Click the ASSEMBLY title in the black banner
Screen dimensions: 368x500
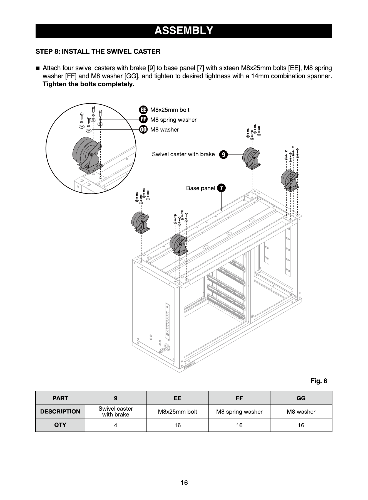pyautogui.click(x=184, y=30)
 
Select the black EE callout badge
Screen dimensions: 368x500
pyautogui.click(x=143, y=110)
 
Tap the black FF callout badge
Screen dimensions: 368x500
pyautogui.click(x=143, y=120)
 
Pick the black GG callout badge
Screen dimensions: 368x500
pyautogui.click(x=143, y=129)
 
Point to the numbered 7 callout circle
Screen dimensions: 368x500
pyautogui.click(x=221, y=188)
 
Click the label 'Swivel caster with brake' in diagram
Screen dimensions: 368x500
pyautogui.click(x=183, y=154)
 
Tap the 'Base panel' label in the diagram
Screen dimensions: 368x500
pyautogui.click(x=200, y=188)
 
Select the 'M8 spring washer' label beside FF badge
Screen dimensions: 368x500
pyautogui.click(x=173, y=120)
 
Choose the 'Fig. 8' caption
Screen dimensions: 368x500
pyautogui.click(x=319, y=381)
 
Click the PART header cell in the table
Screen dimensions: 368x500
pyautogui.click(x=60, y=398)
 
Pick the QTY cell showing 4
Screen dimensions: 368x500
pyautogui.click(x=116, y=425)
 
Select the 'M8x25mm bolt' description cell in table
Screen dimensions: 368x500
pyautogui.click(x=177, y=411)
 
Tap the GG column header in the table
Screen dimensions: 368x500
pyautogui.click(x=301, y=398)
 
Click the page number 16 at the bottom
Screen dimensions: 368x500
pyautogui.click(x=184, y=483)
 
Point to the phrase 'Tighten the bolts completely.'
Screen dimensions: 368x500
pyautogui.click(x=88, y=84)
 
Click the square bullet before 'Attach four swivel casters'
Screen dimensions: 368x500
pyautogui.click(x=38, y=68)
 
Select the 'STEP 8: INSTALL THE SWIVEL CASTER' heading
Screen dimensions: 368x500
pyautogui.click(x=98, y=52)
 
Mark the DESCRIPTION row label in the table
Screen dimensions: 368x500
pyautogui.click(x=60, y=411)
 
